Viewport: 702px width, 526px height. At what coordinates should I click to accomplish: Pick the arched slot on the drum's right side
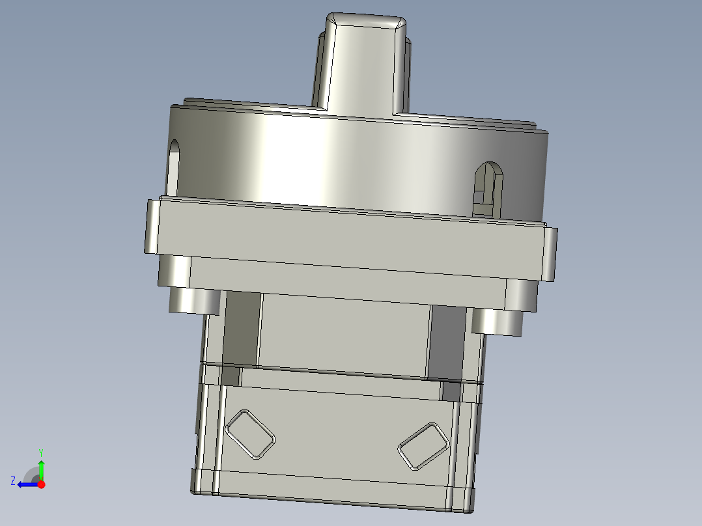(x=488, y=189)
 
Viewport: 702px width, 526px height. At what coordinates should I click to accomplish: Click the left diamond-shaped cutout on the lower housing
(x=251, y=434)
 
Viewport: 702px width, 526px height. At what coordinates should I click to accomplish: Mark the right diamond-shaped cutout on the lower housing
(x=423, y=446)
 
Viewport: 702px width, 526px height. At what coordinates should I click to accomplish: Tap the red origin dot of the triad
(x=41, y=484)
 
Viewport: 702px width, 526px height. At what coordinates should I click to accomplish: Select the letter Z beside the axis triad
(x=13, y=480)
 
